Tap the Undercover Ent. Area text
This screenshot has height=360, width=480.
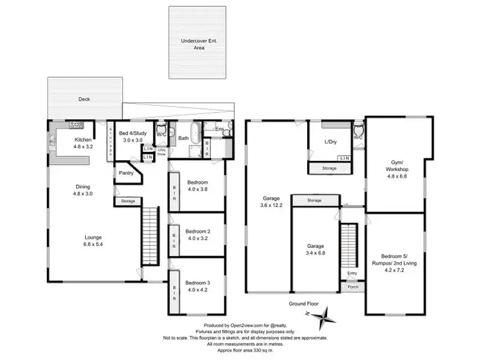click(x=198, y=44)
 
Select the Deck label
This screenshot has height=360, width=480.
click(x=84, y=99)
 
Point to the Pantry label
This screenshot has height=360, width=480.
click(x=125, y=172)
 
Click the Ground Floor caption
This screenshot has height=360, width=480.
click(x=303, y=304)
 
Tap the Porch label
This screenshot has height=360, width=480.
click(x=352, y=286)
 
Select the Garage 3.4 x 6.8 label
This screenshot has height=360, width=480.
click(x=315, y=249)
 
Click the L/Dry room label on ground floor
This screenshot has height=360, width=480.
click(x=331, y=141)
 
